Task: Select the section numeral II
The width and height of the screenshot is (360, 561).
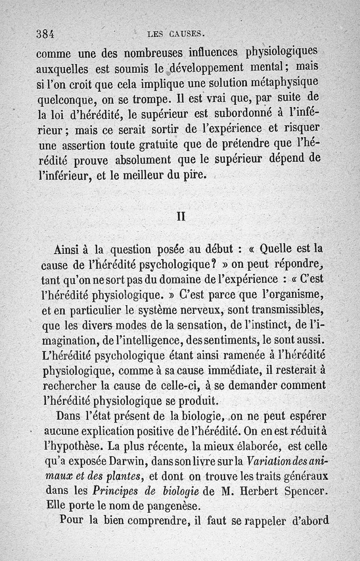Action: click(180, 216)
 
